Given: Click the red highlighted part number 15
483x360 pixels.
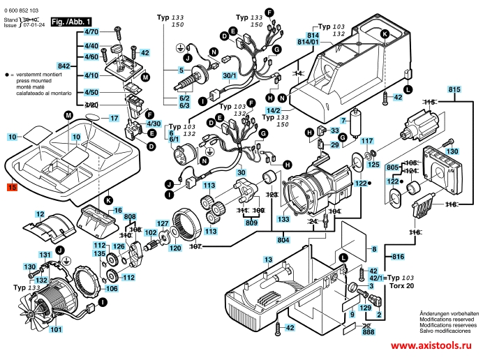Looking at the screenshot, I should pos(11,187).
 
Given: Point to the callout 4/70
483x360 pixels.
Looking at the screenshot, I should pos(91,32).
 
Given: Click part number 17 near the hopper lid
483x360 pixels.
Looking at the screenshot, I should pos(114,119).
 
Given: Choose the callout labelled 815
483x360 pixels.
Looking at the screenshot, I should pos(454,89).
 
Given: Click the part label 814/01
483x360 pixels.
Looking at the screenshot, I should pos(309,42).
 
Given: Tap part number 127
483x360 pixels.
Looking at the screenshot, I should pos(162,224).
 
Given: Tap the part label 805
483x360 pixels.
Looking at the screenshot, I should pos(392,167).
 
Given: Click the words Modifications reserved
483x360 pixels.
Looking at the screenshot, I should pos(449,320).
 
